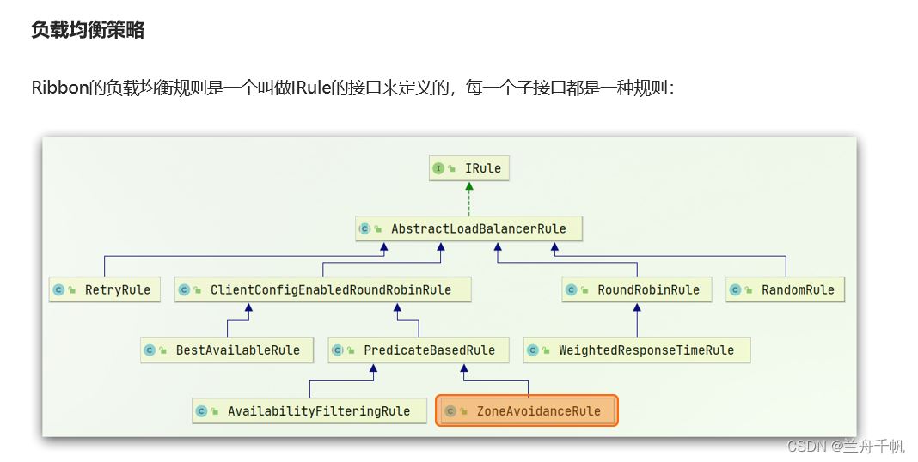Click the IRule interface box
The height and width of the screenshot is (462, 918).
tap(469, 168)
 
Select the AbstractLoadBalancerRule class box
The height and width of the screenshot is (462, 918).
tap(469, 228)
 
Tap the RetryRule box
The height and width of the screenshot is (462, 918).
tap(105, 289)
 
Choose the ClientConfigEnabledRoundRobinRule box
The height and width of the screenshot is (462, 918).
tap(322, 289)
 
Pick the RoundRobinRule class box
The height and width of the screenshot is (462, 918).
tap(637, 289)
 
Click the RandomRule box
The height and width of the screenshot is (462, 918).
tap(786, 289)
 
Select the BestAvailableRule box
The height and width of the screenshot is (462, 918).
tap(227, 350)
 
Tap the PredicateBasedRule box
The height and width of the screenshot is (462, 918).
tap(419, 350)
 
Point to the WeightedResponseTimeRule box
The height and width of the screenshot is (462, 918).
tap(637, 350)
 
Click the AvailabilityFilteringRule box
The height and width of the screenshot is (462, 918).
tap(309, 411)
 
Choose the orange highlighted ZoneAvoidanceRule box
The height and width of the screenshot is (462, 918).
tap(527, 410)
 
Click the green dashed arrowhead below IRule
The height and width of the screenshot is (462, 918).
tap(469, 186)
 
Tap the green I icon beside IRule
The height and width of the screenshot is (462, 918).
tap(438, 168)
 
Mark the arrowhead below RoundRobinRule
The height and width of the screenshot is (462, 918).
tap(637, 307)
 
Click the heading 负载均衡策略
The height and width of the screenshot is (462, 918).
tap(88, 30)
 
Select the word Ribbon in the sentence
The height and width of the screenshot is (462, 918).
tap(59, 88)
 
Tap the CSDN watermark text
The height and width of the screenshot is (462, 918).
tap(846, 447)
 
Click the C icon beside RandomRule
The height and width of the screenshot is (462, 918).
tap(735, 289)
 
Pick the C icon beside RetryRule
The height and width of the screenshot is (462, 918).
tap(58, 289)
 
